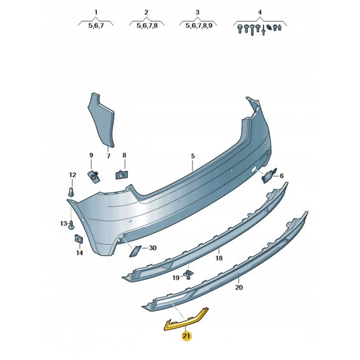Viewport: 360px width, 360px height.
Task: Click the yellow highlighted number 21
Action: pyautogui.click(x=187, y=336)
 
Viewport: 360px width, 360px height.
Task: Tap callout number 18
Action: pyautogui.click(x=219, y=258)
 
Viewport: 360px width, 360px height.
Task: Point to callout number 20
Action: pyautogui.click(x=239, y=287)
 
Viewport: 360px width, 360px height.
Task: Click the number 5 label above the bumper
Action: pyautogui.click(x=193, y=156)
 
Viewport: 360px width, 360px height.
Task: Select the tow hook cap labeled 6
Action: pyautogui.click(x=269, y=175)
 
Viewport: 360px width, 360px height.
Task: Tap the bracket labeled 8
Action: pyautogui.click(x=122, y=175)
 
